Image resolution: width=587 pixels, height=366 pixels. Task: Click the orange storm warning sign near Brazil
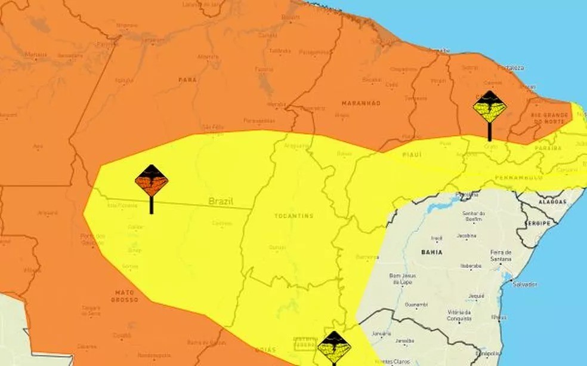[151, 182]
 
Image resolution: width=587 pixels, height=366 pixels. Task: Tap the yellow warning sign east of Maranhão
[490, 108]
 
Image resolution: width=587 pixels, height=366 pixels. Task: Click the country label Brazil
[221, 201]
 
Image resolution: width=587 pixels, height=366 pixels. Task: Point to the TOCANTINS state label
[293, 216]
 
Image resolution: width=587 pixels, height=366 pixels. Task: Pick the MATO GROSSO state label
[124, 296]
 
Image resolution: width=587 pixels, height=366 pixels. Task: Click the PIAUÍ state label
[412, 155]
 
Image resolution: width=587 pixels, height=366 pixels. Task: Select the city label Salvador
[524, 284]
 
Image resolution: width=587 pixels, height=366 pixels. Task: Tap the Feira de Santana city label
[501, 256]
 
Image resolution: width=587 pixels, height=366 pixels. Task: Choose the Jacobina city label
[467, 236]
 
